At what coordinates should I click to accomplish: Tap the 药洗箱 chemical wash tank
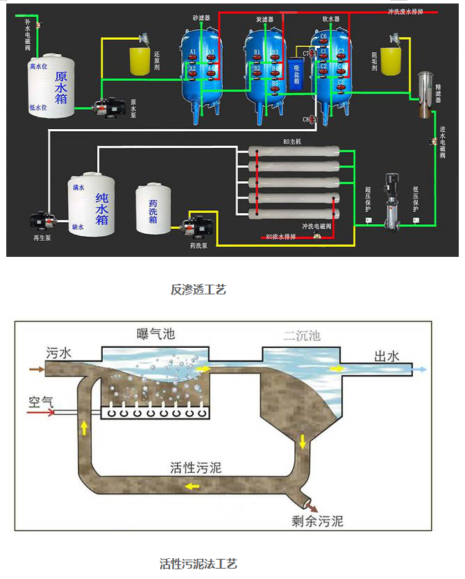pyautogui.click(x=152, y=208)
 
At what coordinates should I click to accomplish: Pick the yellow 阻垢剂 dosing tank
pyautogui.click(x=392, y=58)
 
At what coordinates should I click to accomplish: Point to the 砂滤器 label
pyautogui.click(x=201, y=17)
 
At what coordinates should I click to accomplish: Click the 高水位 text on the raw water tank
pyautogui.click(x=38, y=67)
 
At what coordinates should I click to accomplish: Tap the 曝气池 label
pyautogui.click(x=156, y=335)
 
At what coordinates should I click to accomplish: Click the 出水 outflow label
pyautogui.click(x=387, y=356)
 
